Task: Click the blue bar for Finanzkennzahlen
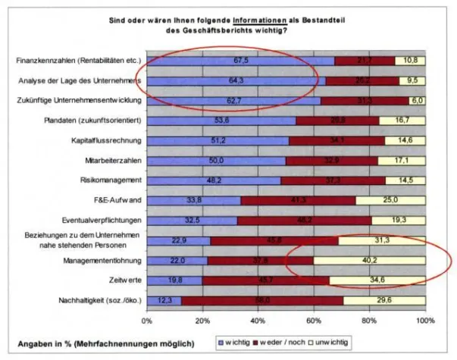(239, 61)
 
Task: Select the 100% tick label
(424, 321)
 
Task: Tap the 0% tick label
(146, 321)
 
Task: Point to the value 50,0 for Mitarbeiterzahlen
(216, 161)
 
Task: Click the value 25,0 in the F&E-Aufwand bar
(390, 200)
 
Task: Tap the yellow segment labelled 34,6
(377, 280)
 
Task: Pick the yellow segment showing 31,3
(382, 240)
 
